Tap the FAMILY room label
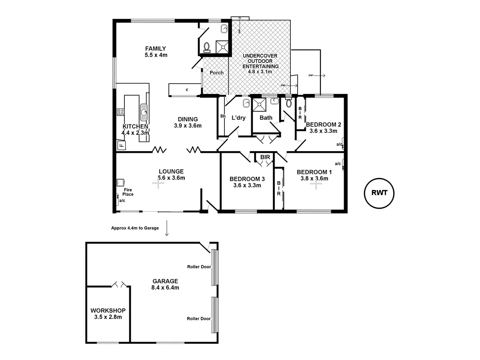156,49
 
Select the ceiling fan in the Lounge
158,184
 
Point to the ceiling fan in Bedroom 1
316,184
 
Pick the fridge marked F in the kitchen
121,145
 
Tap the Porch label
216,73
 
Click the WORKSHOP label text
108,310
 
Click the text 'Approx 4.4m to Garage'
135,228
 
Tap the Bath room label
266,118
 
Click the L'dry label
238,118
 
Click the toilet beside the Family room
207,48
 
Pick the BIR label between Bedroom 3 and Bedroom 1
265,157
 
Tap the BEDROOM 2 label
323,124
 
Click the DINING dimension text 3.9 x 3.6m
188,125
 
